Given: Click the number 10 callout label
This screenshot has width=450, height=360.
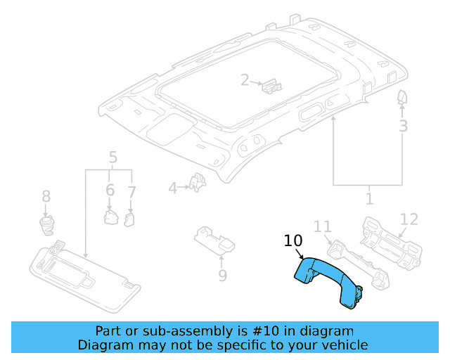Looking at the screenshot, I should pos(293,241).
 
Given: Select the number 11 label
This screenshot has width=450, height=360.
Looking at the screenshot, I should pos(322,226).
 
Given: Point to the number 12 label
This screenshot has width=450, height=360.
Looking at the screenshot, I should pos(409,219).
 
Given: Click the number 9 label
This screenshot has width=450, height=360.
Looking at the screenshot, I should pos(222,275).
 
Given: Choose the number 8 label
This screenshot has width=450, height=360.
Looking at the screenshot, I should pos(46,196).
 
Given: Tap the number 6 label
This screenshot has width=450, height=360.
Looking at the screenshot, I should pos(110,190).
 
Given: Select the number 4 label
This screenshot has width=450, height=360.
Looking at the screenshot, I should pos(173,188).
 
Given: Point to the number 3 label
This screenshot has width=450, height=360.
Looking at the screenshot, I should pos(403,126).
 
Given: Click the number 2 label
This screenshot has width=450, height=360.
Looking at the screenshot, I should pos(245,80).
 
